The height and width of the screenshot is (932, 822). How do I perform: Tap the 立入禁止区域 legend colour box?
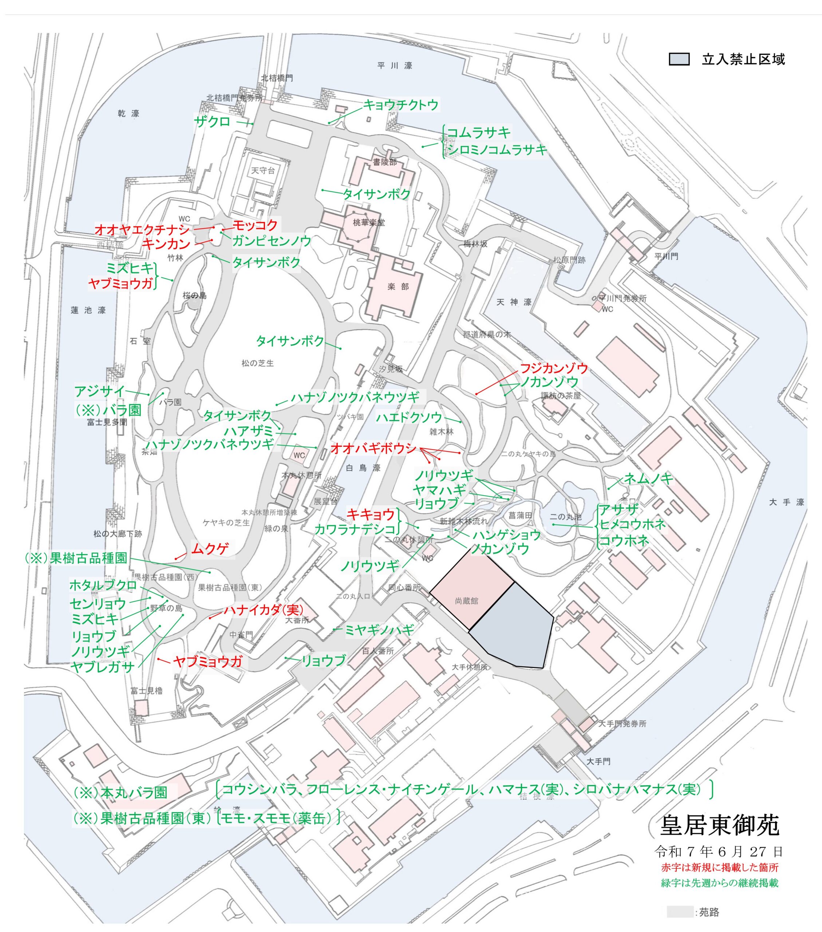[679, 59]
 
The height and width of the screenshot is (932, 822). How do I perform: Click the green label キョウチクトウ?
[400, 105]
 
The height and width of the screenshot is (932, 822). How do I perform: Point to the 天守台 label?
[263, 170]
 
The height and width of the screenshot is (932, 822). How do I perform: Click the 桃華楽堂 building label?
[368, 222]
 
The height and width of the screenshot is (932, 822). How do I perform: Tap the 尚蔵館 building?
[466, 601]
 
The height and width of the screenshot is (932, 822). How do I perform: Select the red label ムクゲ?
[210, 549]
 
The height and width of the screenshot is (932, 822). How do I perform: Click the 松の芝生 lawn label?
[258, 363]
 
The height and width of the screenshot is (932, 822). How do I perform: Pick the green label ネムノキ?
[648, 478]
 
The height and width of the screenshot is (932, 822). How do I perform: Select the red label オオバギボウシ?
[373, 448]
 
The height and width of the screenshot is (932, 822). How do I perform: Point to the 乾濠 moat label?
[128, 114]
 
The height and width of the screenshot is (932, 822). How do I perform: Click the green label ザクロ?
[213, 122]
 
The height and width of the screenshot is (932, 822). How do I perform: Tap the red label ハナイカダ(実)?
[263, 610]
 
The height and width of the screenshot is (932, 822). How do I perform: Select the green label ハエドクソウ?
[408, 417]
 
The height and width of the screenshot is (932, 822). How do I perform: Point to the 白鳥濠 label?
[363, 468]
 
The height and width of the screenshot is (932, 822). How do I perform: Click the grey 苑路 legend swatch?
[679, 912]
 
